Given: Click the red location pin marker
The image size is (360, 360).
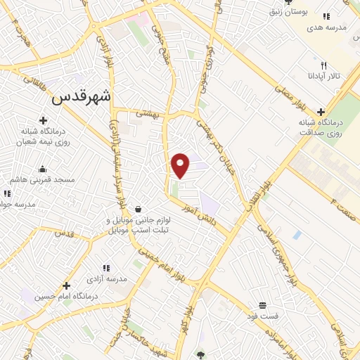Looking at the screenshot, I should click(x=181, y=165).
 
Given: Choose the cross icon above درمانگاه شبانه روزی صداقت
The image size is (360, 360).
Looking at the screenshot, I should click(x=321, y=112).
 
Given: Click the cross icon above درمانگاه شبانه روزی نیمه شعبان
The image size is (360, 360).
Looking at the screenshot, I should click(x=44, y=121).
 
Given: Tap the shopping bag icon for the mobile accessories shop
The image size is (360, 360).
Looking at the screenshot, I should click(x=139, y=209).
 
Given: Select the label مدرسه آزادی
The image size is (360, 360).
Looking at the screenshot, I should click(x=107, y=278).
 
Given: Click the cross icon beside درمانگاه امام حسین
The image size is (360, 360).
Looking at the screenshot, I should click(x=66, y=285).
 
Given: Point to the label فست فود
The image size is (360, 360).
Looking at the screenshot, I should click(x=264, y=316).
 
